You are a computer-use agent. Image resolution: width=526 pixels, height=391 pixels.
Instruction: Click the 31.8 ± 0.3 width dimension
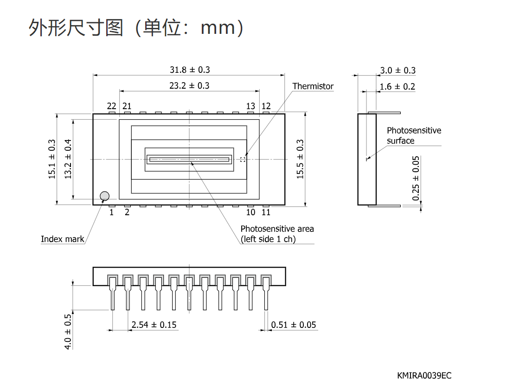tap(190, 70)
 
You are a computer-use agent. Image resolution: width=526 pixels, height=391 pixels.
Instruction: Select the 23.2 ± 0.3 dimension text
tap(189, 85)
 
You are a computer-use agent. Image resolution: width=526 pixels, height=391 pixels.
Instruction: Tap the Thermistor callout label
tap(313, 86)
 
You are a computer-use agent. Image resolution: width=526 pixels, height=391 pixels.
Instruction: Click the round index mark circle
tap(105, 196)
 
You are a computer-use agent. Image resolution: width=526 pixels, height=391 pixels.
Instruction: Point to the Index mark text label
tap(63, 239)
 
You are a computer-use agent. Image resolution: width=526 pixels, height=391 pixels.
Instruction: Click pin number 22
tap(111, 106)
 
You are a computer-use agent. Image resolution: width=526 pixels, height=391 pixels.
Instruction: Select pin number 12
tap(266, 106)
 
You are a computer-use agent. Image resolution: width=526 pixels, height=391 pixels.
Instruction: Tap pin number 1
tap(111, 212)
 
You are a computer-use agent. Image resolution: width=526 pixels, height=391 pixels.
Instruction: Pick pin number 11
tap(266, 212)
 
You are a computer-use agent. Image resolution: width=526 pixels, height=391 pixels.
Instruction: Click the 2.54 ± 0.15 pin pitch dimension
tap(154, 325)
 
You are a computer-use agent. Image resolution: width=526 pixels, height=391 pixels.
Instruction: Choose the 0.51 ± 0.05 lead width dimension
tap(294, 325)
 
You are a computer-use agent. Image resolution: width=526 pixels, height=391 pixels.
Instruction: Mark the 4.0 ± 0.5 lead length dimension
tap(68, 332)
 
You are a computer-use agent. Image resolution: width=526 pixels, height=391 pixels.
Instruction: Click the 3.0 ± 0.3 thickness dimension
tap(398, 71)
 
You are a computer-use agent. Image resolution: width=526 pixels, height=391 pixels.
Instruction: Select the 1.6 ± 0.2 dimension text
tap(398, 87)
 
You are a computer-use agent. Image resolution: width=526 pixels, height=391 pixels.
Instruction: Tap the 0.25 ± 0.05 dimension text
tap(416, 178)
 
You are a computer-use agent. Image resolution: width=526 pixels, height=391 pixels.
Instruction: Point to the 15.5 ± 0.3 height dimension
tap(300, 159)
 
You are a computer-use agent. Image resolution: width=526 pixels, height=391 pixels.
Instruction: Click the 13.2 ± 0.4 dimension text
tap(68, 159)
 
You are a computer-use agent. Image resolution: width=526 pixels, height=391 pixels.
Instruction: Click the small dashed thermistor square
tap(243, 159)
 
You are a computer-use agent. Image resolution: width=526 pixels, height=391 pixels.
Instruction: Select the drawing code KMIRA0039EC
tap(424, 376)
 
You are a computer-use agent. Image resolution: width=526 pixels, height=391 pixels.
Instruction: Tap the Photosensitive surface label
tap(414, 135)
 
